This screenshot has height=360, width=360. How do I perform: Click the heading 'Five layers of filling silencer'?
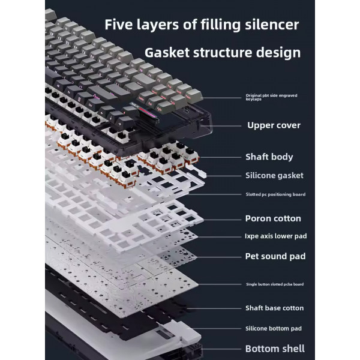202,25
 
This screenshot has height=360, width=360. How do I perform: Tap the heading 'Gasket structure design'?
223,53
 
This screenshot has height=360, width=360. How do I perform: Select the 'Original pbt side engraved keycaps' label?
271,97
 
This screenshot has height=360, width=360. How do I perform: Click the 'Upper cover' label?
274,125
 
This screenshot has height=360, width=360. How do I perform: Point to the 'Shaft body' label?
269,157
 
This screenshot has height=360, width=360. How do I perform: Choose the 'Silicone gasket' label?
274,176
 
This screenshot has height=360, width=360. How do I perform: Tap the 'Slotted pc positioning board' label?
275,194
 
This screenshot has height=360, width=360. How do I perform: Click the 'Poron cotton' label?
273,218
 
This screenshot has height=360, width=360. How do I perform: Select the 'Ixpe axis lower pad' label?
276,236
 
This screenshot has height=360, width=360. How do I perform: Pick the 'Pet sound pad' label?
275,256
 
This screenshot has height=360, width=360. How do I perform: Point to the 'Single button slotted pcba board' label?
275,284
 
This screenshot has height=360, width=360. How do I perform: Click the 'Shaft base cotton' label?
275,308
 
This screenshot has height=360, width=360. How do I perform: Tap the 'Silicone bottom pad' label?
274,329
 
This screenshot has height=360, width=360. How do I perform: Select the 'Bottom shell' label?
275,349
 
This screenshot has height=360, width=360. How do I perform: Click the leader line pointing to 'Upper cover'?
221,126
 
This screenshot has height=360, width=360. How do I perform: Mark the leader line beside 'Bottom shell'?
221,349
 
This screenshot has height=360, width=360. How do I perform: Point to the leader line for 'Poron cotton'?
222,220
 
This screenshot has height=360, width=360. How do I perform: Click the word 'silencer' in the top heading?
272,25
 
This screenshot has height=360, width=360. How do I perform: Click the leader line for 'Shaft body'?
220,157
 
